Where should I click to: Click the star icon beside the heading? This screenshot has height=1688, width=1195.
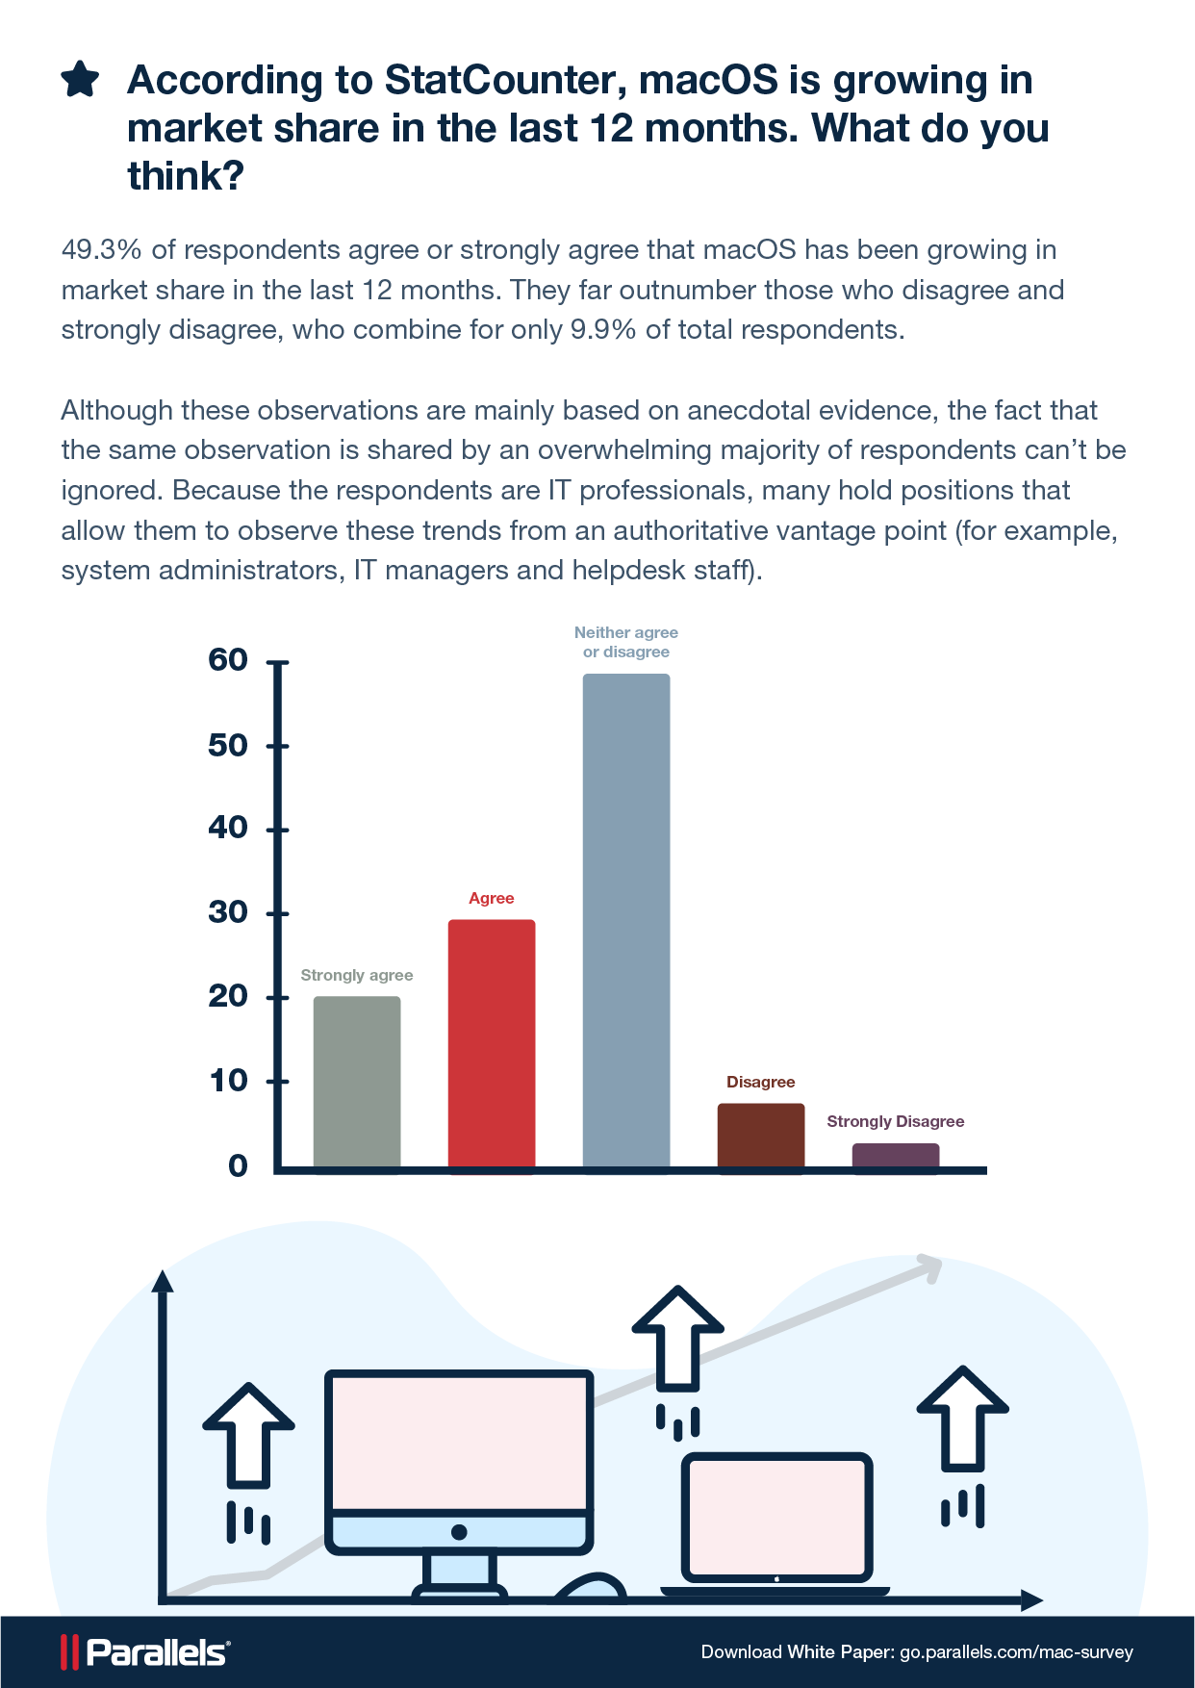[80, 80]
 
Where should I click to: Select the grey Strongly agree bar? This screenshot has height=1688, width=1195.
[357, 1083]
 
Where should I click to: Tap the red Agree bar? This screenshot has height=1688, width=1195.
[492, 1044]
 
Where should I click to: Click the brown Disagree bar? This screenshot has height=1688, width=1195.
[761, 1136]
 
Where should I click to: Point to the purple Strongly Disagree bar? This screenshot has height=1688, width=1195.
[896, 1156]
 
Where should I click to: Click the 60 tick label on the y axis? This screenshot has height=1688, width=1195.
[228, 660]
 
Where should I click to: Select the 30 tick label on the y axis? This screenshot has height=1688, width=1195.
[228, 912]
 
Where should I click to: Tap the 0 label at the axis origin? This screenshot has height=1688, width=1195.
[238, 1166]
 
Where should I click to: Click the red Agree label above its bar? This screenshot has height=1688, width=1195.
[492, 898]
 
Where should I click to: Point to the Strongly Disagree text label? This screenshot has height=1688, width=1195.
[896, 1121]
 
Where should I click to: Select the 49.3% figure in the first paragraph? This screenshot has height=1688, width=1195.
[101, 250]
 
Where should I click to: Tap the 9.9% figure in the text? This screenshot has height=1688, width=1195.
[603, 330]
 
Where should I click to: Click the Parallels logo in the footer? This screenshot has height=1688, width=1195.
[145, 1652]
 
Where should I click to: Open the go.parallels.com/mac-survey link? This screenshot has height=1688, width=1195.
[1016, 1652]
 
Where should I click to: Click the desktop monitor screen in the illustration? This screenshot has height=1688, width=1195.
[459, 1441]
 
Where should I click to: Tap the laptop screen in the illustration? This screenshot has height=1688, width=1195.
[776, 1515]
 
